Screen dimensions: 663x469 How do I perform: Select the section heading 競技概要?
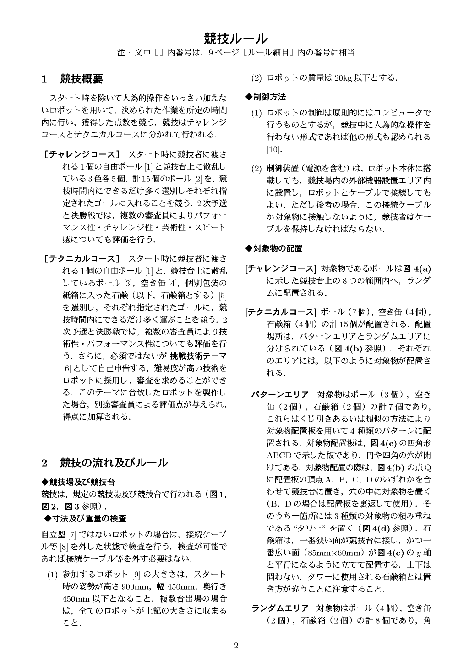click(x=82, y=79)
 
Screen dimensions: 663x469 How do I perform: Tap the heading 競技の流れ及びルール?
click(x=114, y=463)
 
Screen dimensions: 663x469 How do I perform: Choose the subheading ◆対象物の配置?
click(x=274, y=248)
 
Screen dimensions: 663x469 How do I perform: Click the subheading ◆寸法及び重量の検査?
click(x=86, y=518)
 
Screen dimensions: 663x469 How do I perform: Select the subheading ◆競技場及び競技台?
click(x=78, y=482)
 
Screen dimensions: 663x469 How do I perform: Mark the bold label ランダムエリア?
click(x=280, y=608)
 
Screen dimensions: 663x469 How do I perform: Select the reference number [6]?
click(x=67, y=368)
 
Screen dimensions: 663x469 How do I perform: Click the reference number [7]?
click(x=72, y=535)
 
